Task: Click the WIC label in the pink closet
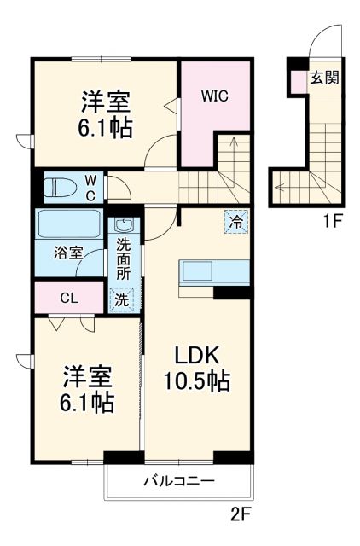[x=214, y=97]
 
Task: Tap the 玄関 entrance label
[x=324, y=78]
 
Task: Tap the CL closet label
[x=69, y=298]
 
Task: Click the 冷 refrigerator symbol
[x=235, y=221]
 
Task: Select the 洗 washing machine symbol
[x=121, y=299]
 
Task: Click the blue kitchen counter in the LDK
[x=213, y=272]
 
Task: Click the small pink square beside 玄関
[x=298, y=80]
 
